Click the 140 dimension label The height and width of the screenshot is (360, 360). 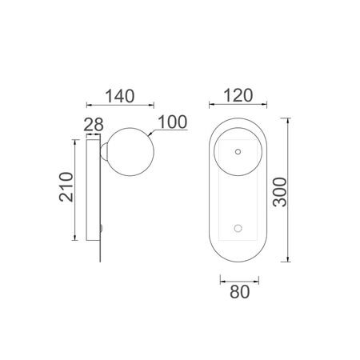coord(120,96)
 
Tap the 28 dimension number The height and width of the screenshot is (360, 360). coord(94,124)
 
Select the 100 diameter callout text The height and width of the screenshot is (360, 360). coord(173,122)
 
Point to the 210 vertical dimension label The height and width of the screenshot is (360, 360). coord(66,187)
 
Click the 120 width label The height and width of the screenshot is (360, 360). coord(238,96)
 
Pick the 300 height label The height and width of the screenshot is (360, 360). coord(280,192)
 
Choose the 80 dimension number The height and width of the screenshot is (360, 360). coord(240,292)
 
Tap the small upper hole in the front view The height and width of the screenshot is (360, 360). coord(238,152)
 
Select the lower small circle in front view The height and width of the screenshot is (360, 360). coord(238,228)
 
